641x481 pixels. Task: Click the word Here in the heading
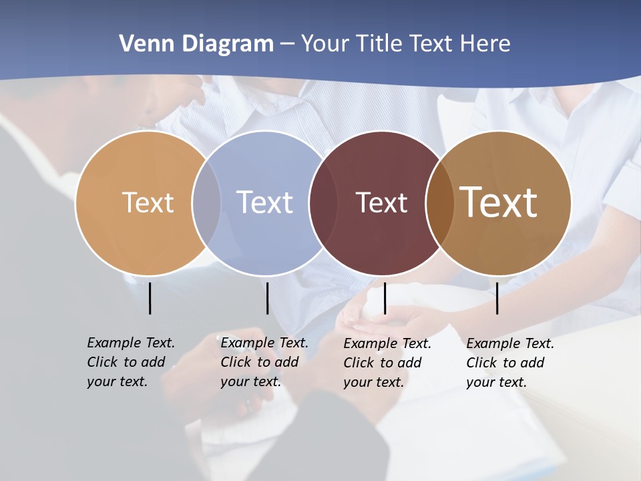pos(485,44)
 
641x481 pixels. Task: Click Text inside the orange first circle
pos(148,202)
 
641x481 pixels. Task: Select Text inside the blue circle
pos(264,202)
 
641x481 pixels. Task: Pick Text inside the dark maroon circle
pos(381,202)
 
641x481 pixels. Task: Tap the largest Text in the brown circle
pos(499,202)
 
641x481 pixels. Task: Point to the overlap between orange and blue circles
pos(206,202)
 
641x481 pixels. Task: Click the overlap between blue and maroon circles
pos(323,202)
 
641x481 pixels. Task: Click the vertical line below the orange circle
pos(150,298)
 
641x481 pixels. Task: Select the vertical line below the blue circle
pos(267,298)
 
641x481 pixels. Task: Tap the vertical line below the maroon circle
pos(385,298)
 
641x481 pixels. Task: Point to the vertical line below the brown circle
pos(497,298)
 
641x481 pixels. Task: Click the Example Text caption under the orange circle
pos(130,362)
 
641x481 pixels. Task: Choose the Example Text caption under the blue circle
pos(264,362)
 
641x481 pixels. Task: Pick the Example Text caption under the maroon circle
pos(387,363)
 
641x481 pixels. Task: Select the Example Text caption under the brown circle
pos(509,363)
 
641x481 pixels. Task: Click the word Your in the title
pos(324,44)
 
